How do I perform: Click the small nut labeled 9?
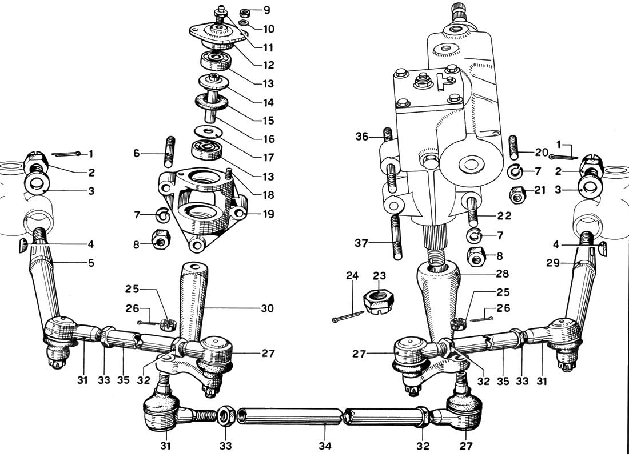pos(245,13)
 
